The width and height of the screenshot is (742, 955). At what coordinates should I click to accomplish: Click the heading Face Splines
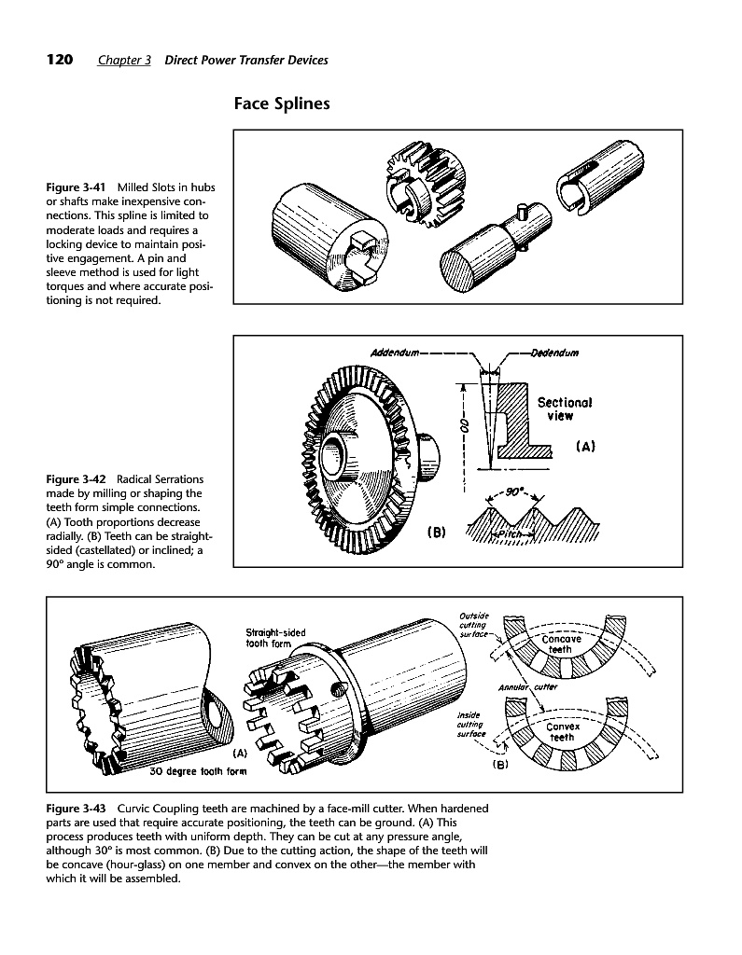click(282, 104)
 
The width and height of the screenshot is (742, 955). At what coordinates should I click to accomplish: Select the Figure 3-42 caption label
click(77, 479)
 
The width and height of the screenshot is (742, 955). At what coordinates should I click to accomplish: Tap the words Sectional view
click(565, 409)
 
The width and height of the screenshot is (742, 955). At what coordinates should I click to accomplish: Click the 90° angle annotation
click(516, 492)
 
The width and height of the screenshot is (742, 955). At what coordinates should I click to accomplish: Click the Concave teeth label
click(561, 644)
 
